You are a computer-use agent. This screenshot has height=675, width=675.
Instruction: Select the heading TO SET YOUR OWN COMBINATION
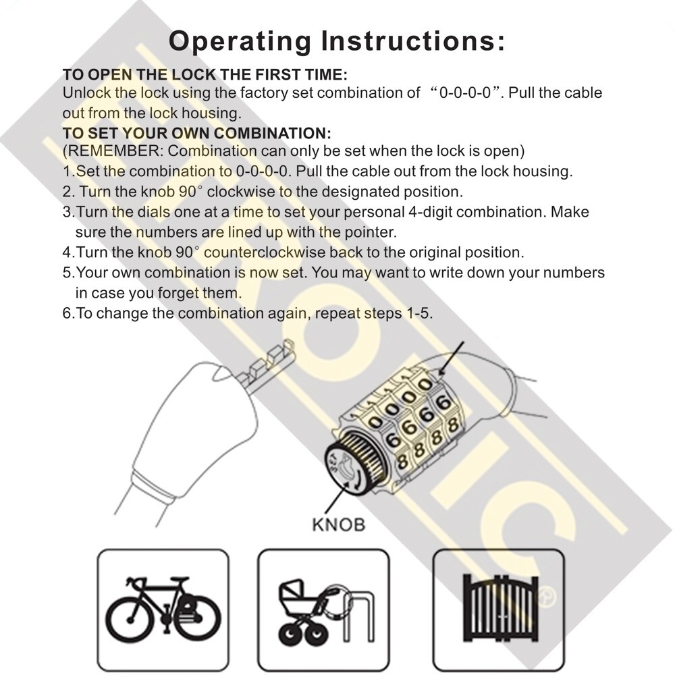pos(196,132)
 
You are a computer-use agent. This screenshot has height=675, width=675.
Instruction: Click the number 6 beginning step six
pos(67,314)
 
